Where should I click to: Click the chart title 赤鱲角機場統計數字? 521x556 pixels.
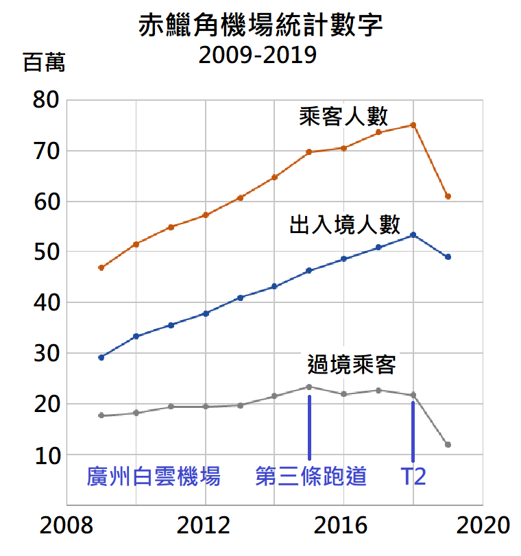(260, 25)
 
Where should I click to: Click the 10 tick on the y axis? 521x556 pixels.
(46, 455)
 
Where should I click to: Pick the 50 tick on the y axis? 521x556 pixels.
(46, 252)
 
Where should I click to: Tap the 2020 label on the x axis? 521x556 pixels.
(484, 526)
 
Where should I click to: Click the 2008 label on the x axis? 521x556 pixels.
(66, 526)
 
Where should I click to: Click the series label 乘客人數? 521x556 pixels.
(344, 116)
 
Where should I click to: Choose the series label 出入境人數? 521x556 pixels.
(345, 224)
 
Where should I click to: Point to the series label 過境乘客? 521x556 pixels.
(352, 365)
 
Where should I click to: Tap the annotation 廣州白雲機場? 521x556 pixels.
(154, 476)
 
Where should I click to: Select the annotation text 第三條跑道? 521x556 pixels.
(311, 476)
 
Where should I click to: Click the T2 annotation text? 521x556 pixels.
(413, 476)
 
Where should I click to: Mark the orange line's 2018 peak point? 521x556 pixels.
(413, 125)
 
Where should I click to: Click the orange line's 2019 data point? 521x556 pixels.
(448, 196)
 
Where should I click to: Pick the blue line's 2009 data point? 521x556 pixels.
(101, 357)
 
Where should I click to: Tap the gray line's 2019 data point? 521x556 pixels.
(448, 445)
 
